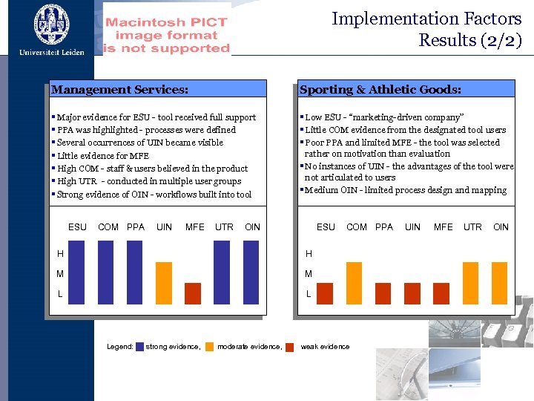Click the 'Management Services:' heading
(x=119, y=90)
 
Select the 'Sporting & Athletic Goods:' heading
(x=380, y=90)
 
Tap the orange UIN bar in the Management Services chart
(x=164, y=283)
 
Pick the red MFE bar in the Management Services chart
(x=193, y=293)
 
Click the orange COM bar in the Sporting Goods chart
(x=355, y=283)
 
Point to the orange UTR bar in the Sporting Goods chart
(x=471, y=283)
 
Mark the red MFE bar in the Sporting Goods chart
(x=442, y=293)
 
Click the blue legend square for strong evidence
(x=140, y=347)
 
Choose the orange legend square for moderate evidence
(x=210, y=347)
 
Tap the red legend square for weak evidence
(x=290, y=347)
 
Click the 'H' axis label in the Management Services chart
(x=60, y=254)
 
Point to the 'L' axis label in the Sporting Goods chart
(x=309, y=295)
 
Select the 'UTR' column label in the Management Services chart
(x=224, y=226)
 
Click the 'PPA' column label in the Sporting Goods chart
(x=384, y=226)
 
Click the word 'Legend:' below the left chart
(x=119, y=347)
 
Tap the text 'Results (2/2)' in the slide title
(x=470, y=40)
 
